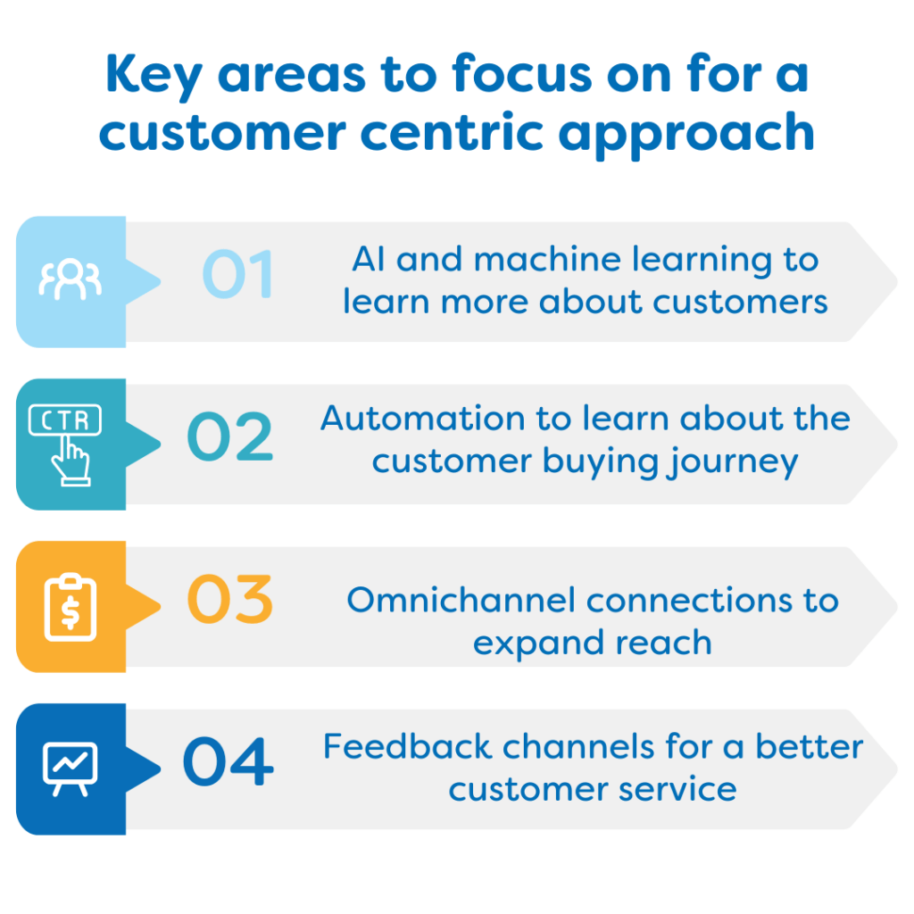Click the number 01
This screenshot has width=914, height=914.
point(237,273)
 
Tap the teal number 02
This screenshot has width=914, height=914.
point(229,436)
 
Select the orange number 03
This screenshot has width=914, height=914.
point(229,599)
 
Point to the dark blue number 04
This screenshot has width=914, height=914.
point(228,760)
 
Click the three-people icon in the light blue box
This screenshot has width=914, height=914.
point(71,279)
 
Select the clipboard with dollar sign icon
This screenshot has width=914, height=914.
point(71,607)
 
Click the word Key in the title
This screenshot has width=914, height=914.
point(154,77)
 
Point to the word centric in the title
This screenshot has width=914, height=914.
point(453,132)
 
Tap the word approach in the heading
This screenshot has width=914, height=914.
point(686,136)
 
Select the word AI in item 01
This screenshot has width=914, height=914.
point(369,259)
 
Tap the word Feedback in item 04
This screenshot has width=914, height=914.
point(407,746)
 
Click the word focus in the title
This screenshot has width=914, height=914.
point(522,74)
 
